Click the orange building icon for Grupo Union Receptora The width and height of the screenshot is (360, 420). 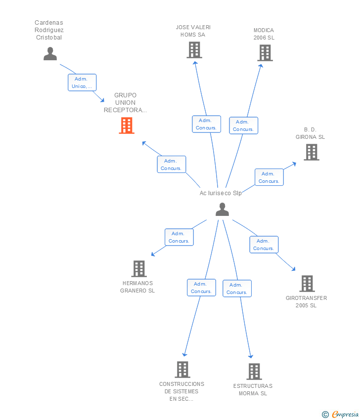coord(127,126)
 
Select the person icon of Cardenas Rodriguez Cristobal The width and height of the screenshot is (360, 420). coord(50,53)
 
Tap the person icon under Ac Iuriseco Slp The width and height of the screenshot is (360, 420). coord(222,210)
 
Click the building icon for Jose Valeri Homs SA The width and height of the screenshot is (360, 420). coord(194,50)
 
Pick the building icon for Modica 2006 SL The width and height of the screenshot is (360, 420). coord(265,52)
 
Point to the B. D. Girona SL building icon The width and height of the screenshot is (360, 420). coord(311,152)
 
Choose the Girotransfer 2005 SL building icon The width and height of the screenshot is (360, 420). coord(307,284)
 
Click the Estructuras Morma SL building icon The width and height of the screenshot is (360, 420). coord(254,372)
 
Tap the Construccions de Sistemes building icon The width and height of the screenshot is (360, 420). coord(182,370)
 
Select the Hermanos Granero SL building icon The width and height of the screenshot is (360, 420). coord(139,269)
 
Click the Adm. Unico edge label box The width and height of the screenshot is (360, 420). coord(82,83)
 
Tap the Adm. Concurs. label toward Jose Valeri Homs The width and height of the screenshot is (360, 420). coord(206,124)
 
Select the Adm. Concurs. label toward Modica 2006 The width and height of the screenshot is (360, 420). coord(243,126)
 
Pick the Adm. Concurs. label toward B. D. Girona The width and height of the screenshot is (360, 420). coord(269,177)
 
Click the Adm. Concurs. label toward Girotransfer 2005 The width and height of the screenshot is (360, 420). coord(264,245)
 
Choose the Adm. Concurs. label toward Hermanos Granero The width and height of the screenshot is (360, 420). coord(179,237)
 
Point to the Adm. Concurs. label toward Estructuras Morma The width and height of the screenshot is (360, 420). coord(237,289)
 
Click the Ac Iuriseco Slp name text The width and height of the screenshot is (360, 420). coord(221,193)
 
